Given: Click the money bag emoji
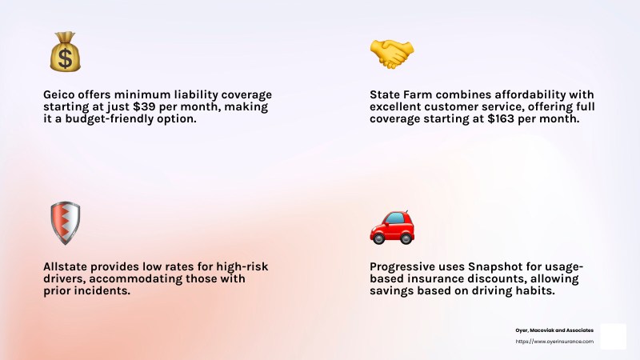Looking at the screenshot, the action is [66, 52].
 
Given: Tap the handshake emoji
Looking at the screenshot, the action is [392, 54].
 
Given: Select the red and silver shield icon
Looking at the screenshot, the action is [66, 223].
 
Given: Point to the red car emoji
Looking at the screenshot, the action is [392, 228].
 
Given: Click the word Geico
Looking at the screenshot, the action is [58, 94].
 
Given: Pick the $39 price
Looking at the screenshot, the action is [144, 107].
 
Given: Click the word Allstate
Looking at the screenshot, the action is [65, 266].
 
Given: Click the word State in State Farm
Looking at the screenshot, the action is [385, 94].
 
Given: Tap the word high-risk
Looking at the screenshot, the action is [242, 267].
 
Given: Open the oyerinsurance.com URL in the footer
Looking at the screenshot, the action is [554, 342].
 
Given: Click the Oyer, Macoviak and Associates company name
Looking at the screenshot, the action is [554, 330].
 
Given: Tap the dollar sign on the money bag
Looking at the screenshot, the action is [65, 58].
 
